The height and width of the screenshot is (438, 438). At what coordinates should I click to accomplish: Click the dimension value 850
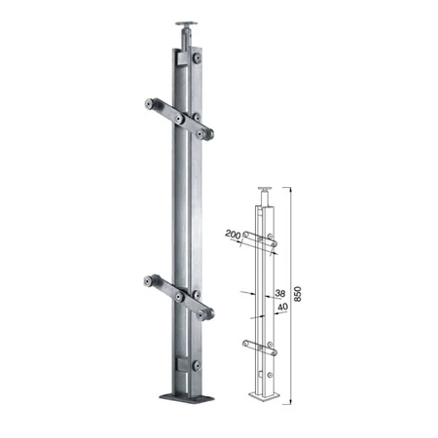click(x=298, y=294)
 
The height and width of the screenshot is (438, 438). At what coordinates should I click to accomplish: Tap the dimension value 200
click(x=233, y=234)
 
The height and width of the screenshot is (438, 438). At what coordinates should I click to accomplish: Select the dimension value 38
click(x=280, y=293)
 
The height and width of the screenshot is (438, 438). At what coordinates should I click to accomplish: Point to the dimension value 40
click(x=283, y=307)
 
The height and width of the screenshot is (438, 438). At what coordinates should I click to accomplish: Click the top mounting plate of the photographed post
click(x=186, y=23)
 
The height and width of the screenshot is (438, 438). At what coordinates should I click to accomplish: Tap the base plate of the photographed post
click(x=187, y=397)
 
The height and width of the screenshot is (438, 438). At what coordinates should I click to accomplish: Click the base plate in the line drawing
click(x=265, y=395)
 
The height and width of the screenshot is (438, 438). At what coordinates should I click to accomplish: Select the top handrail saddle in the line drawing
click(x=266, y=189)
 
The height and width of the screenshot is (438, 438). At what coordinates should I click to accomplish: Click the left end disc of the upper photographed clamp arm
click(x=150, y=104)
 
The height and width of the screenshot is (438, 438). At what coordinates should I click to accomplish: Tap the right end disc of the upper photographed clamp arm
click(x=204, y=133)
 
